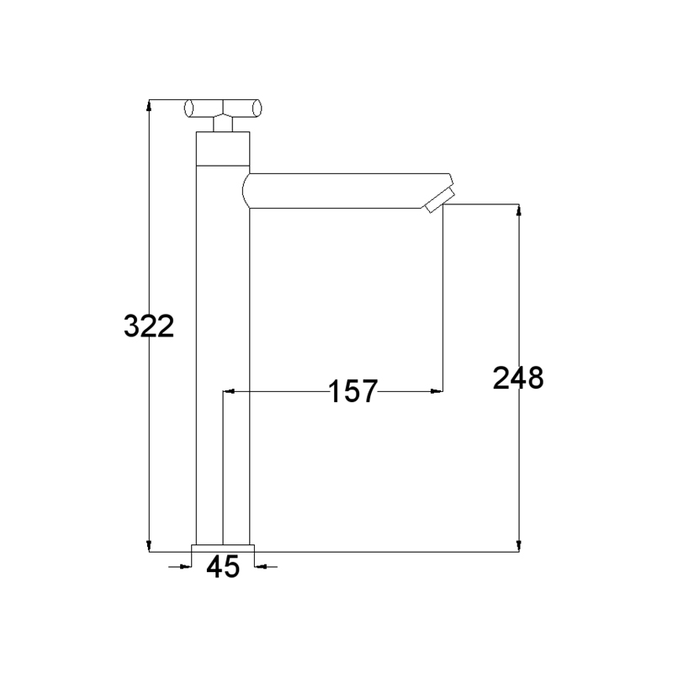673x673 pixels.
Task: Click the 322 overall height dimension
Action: tap(149, 326)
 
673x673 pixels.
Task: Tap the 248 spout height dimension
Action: tap(518, 378)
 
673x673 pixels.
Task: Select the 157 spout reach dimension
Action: tap(352, 391)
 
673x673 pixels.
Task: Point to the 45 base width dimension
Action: tap(223, 566)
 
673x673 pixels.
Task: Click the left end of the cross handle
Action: tap(188, 108)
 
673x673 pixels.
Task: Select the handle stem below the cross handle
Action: tap(223, 124)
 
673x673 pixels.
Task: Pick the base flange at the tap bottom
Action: tap(223, 548)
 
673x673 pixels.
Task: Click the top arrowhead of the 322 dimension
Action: tap(149, 105)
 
